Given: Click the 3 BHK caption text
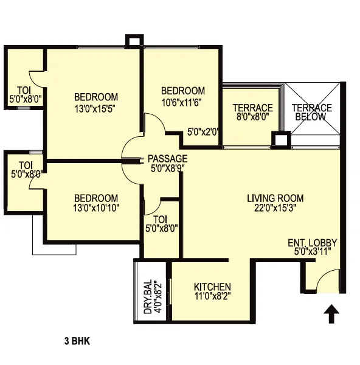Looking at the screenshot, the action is click(x=77, y=341).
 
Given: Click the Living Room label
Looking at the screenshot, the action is click(x=275, y=198).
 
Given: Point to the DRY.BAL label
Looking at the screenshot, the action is click(x=148, y=297).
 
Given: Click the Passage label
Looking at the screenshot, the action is click(x=168, y=159).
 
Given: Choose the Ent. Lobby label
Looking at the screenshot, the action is click(x=313, y=243).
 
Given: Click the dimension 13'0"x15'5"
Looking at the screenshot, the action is click(x=95, y=109).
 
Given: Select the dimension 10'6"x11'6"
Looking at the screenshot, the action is click(x=181, y=102).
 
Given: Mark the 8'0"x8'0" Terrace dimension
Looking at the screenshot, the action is click(x=253, y=116).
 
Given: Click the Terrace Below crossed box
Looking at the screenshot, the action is click(x=313, y=108).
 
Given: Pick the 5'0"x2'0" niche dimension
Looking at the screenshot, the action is click(x=203, y=132).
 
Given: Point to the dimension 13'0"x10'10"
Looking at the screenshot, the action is click(x=96, y=207).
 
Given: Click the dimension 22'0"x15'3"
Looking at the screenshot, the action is click(x=275, y=207).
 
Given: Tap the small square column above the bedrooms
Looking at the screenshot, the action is click(x=133, y=41).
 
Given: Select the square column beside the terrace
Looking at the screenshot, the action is click(x=281, y=140).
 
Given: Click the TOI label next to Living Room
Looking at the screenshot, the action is click(x=160, y=219).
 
